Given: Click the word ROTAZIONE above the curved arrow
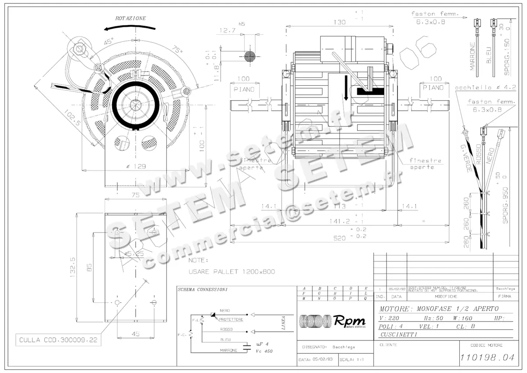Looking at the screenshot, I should pyautogui.click(x=130, y=18).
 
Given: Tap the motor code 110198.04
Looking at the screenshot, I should pyautogui.click(x=487, y=358).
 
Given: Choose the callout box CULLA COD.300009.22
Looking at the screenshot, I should pyautogui.click(x=56, y=340).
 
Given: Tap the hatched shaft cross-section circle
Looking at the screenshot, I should pyautogui.click(x=249, y=56).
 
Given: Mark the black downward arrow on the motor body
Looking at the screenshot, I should pyautogui.click(x=347, y=87).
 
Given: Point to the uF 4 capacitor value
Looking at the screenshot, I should pyautogui.click(x=262, y=344).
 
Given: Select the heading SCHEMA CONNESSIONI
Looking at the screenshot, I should pyautogui.click(x=202, y=290).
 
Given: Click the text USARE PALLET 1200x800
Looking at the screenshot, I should pyautogui.click(x=231, y=272).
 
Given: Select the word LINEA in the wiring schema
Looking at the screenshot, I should pyautogui.click(x=284, y=323).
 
